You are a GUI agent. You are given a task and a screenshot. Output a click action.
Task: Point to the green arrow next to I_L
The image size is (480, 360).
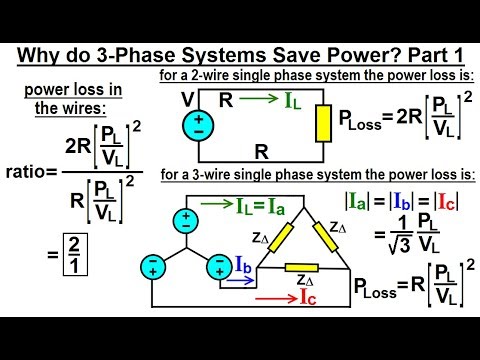(x=258, y=99)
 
